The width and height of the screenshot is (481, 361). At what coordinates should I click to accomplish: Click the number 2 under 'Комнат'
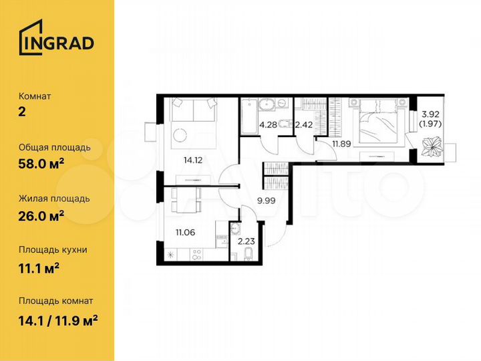(22, 112)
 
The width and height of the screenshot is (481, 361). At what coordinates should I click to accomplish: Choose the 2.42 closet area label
(304, 124)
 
